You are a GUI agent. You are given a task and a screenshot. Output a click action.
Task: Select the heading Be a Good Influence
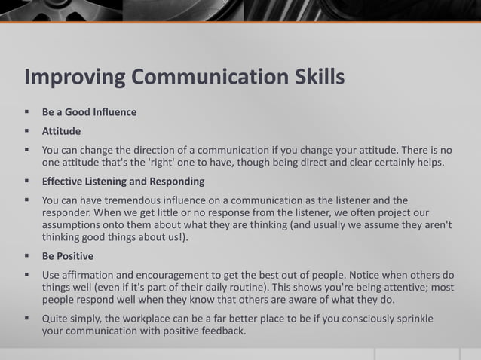pyautogui.click(x=89, y=112)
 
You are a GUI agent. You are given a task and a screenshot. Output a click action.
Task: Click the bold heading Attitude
pyautogui.click(x=62, y=131)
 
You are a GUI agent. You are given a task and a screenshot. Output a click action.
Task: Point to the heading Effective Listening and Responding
pyautogui.click(x=123, y=182)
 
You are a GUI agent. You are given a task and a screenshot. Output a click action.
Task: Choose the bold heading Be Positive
pyautogui.click(x=68, y=256)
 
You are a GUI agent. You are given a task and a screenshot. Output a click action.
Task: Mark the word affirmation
pyautogui.click(x=92, y=275)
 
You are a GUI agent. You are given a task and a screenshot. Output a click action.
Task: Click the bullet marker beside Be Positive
pyautogui.click(x=27, y=256)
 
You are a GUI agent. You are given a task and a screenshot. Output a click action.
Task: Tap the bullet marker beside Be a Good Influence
pyautogui.click(x=27, y=112)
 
